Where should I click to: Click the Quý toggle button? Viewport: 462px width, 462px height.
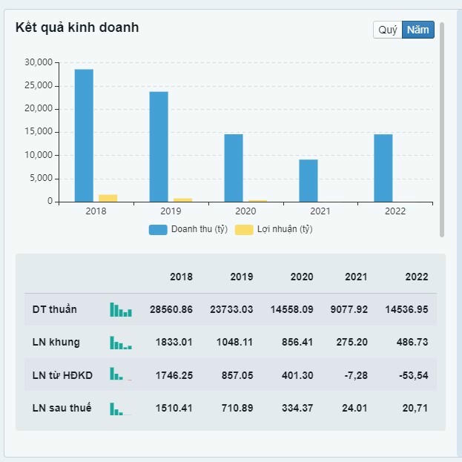click(x=388, y=30)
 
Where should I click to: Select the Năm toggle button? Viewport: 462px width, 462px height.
click(x=418, y=30)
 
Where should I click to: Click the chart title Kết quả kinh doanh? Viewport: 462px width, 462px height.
click(x=77, y=27)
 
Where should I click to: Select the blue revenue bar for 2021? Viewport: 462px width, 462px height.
click(x=308, y=180)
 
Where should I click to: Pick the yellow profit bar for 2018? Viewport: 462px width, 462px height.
click(x=108, y=198)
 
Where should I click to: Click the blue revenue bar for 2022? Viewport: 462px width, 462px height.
click(x=383, y=168)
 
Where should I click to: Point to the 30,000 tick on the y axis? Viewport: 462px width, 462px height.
click(x=39, y=62)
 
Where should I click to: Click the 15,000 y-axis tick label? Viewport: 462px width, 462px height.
click(x=39, y=132)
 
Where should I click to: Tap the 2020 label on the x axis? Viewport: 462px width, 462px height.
click(x=245, y=211)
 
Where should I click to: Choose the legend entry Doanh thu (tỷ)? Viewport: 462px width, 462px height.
click(x=188, y=229)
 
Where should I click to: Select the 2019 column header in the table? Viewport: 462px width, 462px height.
click(x=241, y=277)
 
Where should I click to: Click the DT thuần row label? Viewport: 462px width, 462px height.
click(x=55, y=308)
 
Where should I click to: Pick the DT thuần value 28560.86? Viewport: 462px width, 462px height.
click(x=171, y=309)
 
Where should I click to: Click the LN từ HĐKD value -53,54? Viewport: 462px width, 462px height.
click(x=413, y=375)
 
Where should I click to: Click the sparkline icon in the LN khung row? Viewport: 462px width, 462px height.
click(x=121, y=343)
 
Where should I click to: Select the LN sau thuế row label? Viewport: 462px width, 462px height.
click(x=62, y=408)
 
